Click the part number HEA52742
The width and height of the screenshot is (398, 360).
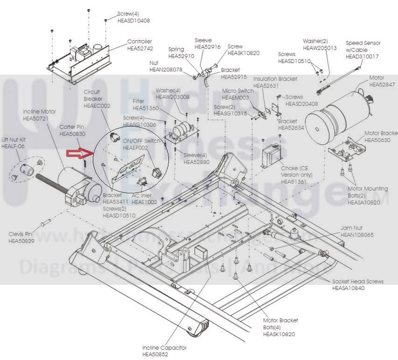[140, 48]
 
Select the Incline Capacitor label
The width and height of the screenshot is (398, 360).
[164, 348]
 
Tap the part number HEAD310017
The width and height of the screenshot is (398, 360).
[362, 57]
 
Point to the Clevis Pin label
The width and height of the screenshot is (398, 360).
[20, 234]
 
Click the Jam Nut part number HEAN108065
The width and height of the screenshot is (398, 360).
[357, 235]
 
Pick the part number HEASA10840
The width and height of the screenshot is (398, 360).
[348, 288]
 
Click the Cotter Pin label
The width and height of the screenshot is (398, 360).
[72, 127]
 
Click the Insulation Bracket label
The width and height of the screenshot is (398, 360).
[275, 79]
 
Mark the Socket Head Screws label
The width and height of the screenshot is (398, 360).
[358, 281]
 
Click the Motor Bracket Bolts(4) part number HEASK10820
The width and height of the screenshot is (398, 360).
[279, 334]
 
